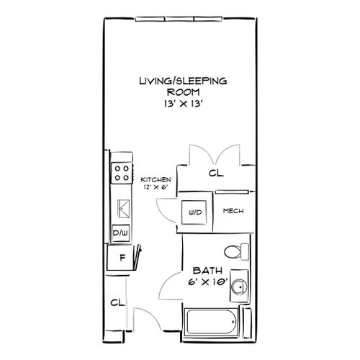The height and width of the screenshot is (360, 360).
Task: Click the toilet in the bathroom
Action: pos(237,252)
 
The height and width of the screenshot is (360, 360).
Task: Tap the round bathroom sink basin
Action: pos(239,286)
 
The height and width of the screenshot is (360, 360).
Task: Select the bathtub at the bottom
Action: pos(210,322)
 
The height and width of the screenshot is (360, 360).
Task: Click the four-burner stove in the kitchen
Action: pos(122,174)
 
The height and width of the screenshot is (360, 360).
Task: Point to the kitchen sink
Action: pos(124,209)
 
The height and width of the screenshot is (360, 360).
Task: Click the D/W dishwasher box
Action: pos(121,233)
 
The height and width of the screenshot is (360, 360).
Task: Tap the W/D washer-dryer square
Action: pos(194,212)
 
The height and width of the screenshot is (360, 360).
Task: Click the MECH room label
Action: pos(233,211)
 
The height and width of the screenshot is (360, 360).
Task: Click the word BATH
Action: pos(208,271)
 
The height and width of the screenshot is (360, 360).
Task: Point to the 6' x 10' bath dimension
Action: pos(208,282)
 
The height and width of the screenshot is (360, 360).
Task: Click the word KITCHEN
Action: pos(156,179)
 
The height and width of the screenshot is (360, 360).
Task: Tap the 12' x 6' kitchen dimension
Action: pos(156,187)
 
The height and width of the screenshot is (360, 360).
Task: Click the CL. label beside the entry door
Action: pos(117,302)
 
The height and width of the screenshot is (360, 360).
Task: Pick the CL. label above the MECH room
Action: pos(216,173)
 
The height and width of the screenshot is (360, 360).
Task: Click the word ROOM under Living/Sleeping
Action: pos(184,92)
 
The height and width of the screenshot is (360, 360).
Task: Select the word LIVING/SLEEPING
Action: pos(184,81)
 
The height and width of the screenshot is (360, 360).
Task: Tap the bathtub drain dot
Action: pos(233,322)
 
